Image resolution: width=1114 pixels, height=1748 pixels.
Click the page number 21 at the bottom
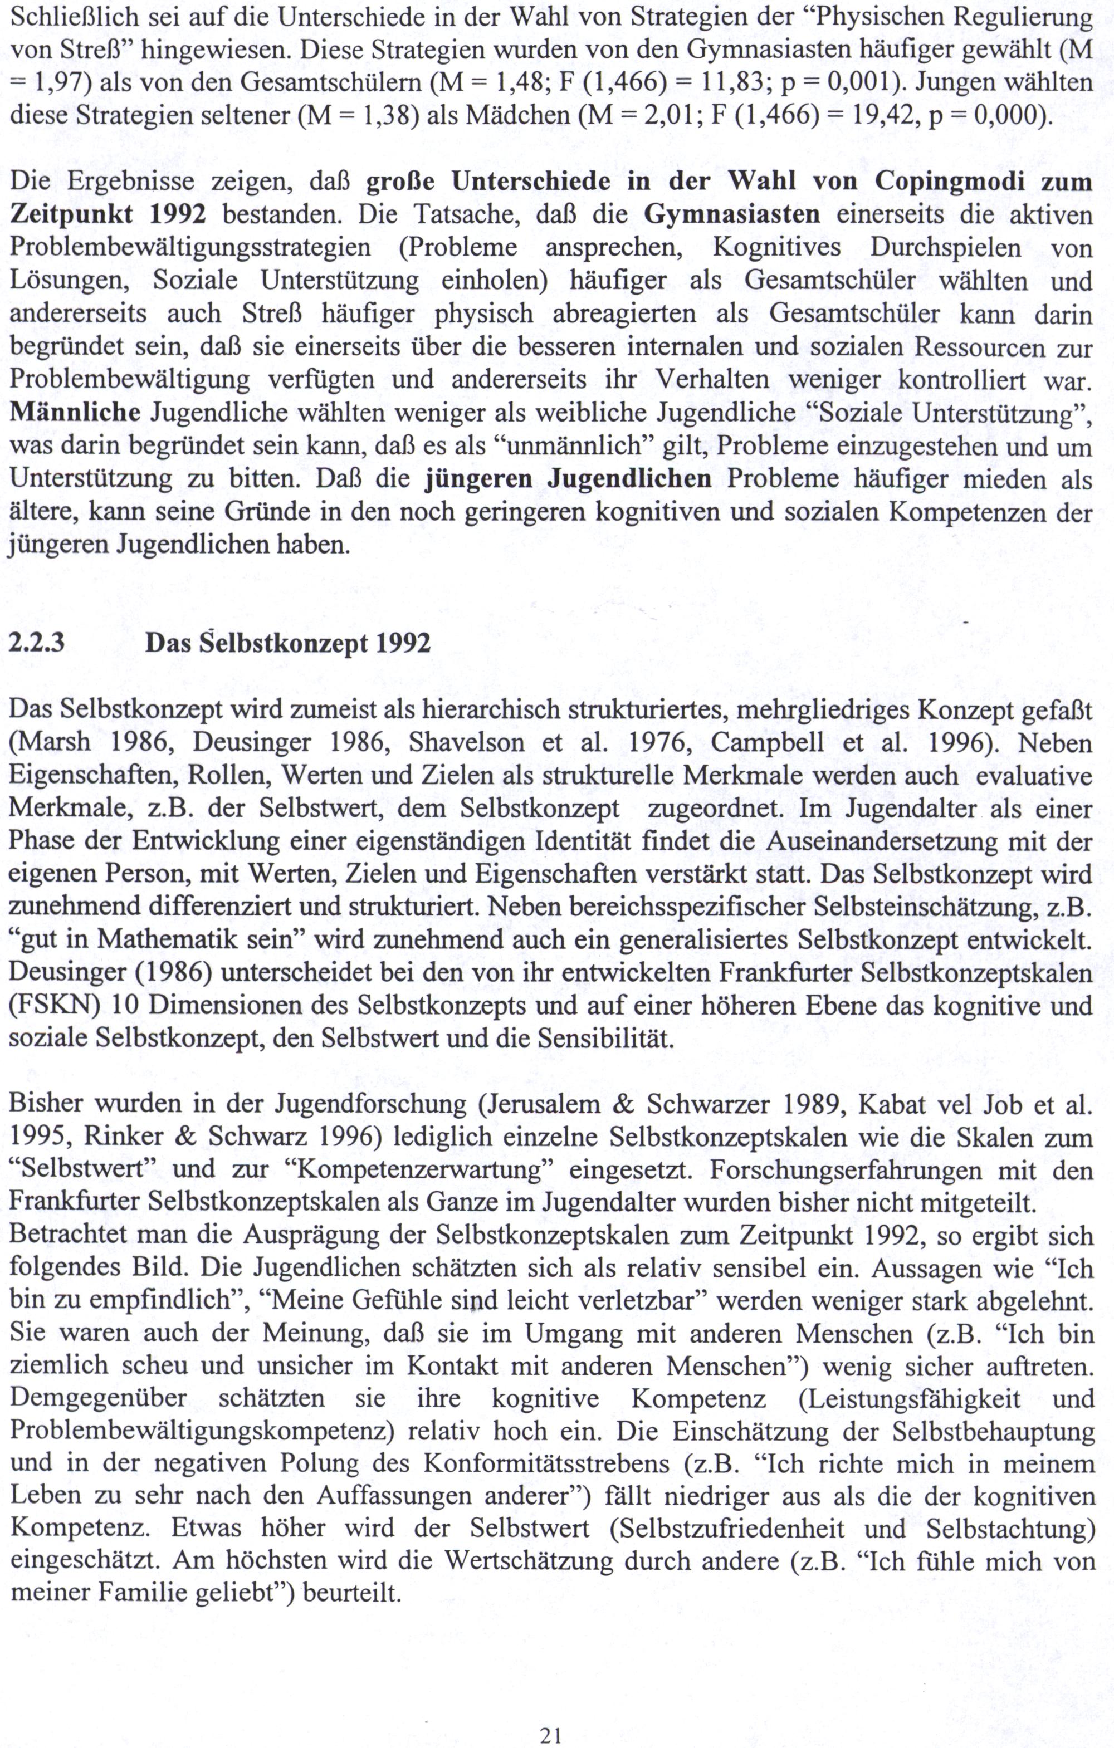click(551, 1730)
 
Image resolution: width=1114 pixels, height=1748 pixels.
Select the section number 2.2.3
click(36, 643)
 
